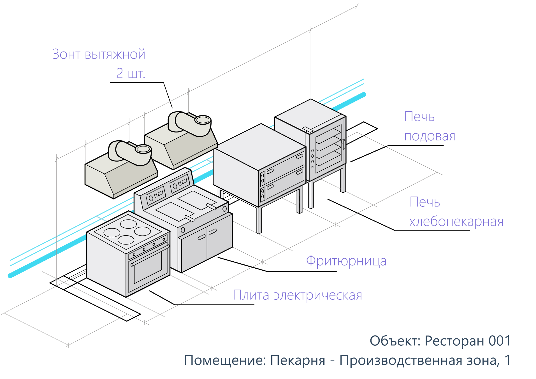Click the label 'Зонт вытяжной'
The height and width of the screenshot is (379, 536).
click(x=99, y=54)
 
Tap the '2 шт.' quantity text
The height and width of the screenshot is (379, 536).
click(x=131, y=73)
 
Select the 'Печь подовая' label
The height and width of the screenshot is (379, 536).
click(x=429, y=126)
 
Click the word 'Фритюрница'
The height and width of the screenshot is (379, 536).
click(x=346, y=261)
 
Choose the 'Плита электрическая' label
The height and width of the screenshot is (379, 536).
click(x=297, y=295)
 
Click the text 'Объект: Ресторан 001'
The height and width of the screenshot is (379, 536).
click(x=440, y=341)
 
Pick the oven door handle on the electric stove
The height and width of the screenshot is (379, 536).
click(x=150, y=255)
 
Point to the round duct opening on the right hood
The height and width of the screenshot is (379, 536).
click(x=203, y=120)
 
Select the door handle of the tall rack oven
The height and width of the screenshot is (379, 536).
click(x=344, y=144)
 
